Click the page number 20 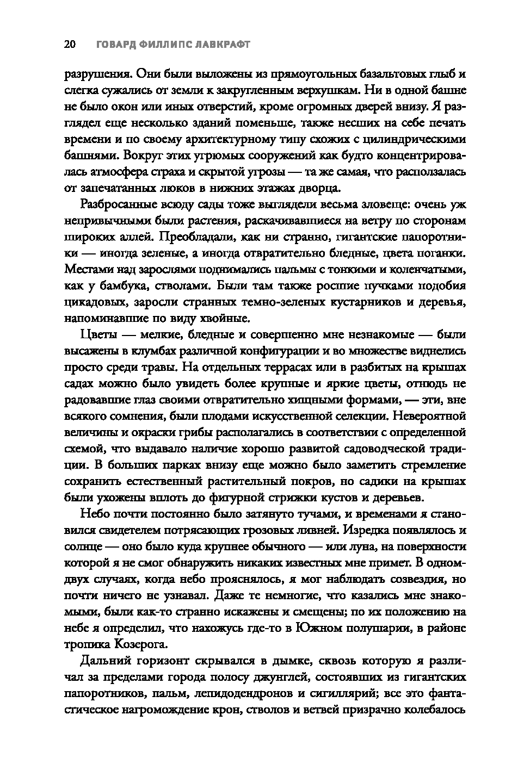point(70,45)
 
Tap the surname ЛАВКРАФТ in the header point(220,45)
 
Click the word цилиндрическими point(417,139)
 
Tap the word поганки point(444,253)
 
